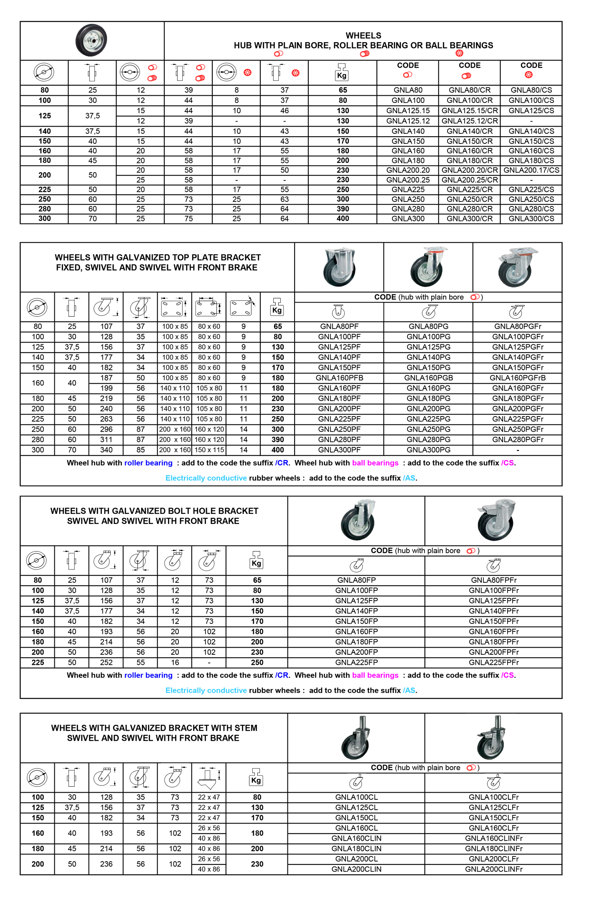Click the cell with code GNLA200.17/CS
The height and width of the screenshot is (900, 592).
531,170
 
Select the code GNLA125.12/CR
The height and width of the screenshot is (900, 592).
470,121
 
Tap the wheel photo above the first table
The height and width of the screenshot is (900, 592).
91,41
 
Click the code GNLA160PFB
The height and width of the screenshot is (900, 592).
339,378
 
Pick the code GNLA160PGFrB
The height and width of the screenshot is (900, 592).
518,378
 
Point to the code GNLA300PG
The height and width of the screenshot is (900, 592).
429,450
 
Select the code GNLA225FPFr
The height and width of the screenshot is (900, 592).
493,662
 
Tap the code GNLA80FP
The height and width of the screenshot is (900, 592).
356,580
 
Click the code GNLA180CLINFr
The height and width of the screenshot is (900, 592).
493,849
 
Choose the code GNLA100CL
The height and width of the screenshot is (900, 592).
356,797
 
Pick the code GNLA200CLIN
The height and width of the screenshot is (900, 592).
356,869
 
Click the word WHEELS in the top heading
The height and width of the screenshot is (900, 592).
363,36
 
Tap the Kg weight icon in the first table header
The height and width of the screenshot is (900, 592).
342,72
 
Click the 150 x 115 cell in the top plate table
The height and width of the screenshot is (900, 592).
209,450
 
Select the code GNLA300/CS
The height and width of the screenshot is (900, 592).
531,219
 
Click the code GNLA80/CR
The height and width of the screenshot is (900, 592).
470,90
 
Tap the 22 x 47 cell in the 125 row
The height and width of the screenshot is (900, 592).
209,808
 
